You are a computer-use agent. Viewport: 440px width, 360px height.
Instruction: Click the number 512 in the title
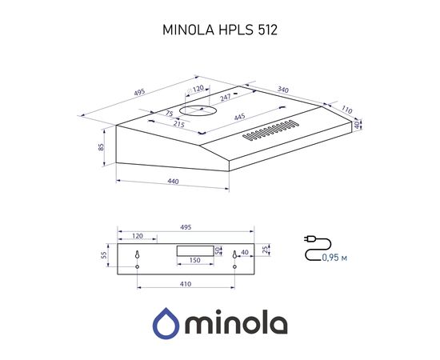(267, 30)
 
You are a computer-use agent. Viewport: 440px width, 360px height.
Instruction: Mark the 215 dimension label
(179, 124)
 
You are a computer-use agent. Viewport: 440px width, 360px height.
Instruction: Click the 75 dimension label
(169, 113)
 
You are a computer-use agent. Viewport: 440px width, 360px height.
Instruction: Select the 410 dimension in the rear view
(186, 284)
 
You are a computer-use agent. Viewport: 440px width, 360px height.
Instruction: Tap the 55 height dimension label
(105, 255)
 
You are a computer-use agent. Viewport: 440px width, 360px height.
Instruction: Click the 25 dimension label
(266, 249)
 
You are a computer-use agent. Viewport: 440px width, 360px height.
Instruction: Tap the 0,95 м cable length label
(335, 258)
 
